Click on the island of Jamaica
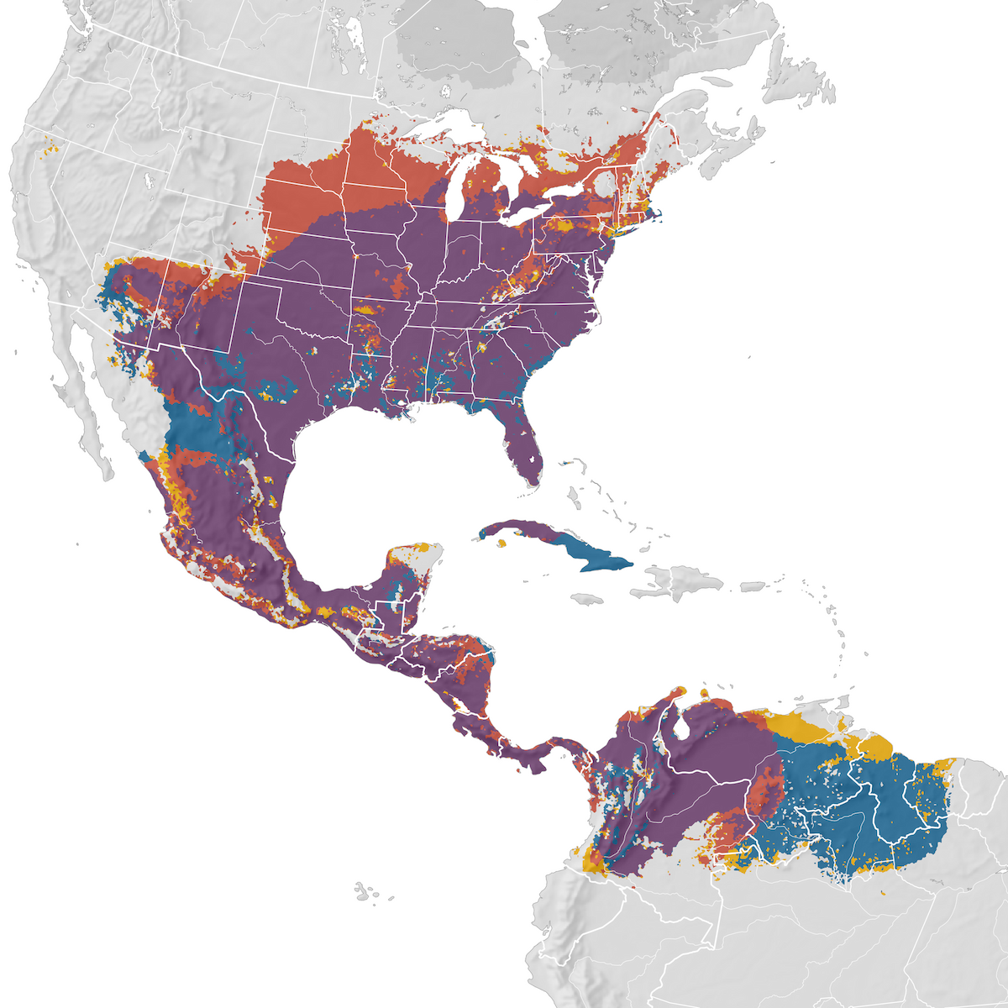[587, 599]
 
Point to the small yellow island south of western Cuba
[501, 543]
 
